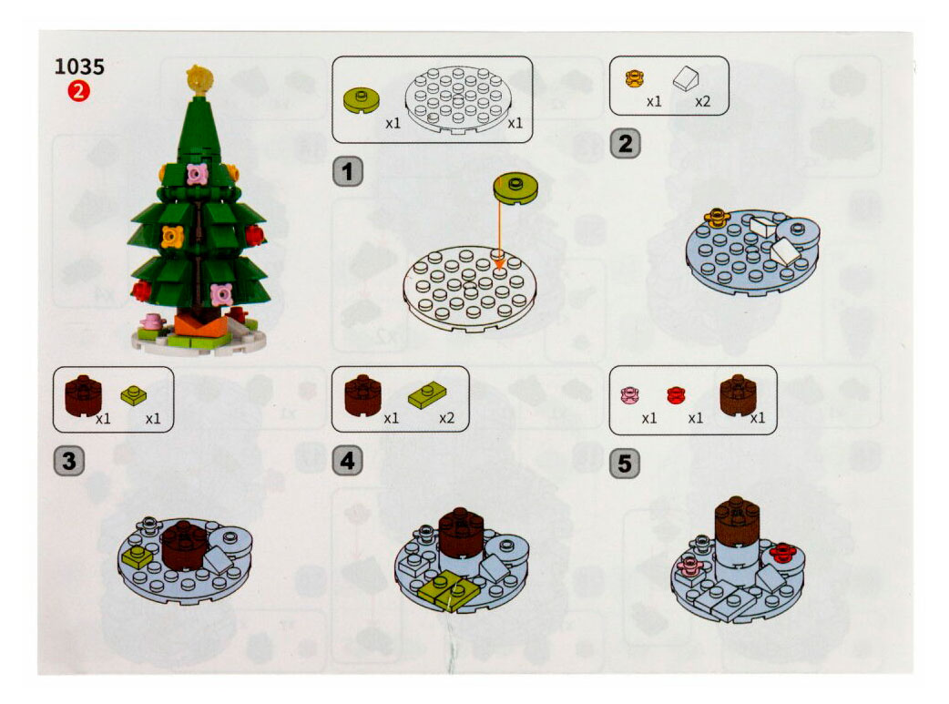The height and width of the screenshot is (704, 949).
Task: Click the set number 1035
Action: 79,66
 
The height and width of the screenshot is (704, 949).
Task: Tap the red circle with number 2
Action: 78,91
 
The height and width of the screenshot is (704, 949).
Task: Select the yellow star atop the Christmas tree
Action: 199,79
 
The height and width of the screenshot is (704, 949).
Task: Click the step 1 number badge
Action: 347,171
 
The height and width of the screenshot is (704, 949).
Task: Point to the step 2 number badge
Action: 625,144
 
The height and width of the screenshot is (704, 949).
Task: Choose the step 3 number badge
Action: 69,461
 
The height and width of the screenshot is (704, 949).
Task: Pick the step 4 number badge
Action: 347,461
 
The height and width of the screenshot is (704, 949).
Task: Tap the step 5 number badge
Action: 625,463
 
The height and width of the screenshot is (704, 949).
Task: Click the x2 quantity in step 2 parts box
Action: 702,101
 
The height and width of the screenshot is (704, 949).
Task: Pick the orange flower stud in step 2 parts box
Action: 634,78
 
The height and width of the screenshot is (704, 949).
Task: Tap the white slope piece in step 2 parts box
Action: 687,77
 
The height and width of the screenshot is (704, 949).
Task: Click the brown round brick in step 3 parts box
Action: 83,395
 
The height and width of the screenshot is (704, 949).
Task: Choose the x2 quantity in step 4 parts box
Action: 446,418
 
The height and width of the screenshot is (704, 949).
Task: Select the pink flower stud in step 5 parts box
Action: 630,394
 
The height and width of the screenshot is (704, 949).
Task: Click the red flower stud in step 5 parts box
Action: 676,395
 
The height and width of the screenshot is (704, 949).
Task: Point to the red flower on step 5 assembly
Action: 781,552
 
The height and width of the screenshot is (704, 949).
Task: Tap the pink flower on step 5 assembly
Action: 689,566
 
